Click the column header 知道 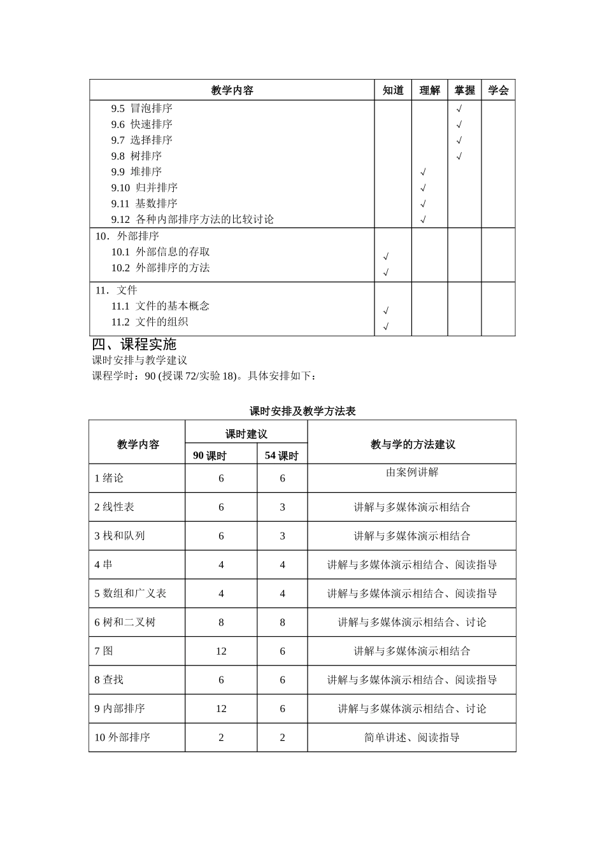click(x=393, y=90)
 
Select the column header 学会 click(x=498, y=90)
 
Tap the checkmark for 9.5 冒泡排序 click(x=459, y=109)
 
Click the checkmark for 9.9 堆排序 click(x=423, y=173)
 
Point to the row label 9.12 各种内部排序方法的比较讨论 click(x=192, y=220)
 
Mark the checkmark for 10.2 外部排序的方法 click(x=386, y=273)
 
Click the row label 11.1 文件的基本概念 click(x=160, y=306)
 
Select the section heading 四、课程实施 click(x=134, y=345)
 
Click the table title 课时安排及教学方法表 click(x=302, y=411)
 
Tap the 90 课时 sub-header click(x=210, y=455)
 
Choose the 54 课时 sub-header click(x=281, y=455)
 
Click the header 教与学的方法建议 click(x=413, y=445)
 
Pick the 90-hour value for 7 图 click(x=221, y=652)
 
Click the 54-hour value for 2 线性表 click(x=283, y=508)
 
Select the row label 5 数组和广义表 click(x=131, y=594)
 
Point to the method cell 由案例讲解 click(x=412, y=473)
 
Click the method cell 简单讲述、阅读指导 click(x=412, y=738)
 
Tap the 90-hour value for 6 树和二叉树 click(x=221, y=623)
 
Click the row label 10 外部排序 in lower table click(x=122, y=738)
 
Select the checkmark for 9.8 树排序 click(x=459, y=157)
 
